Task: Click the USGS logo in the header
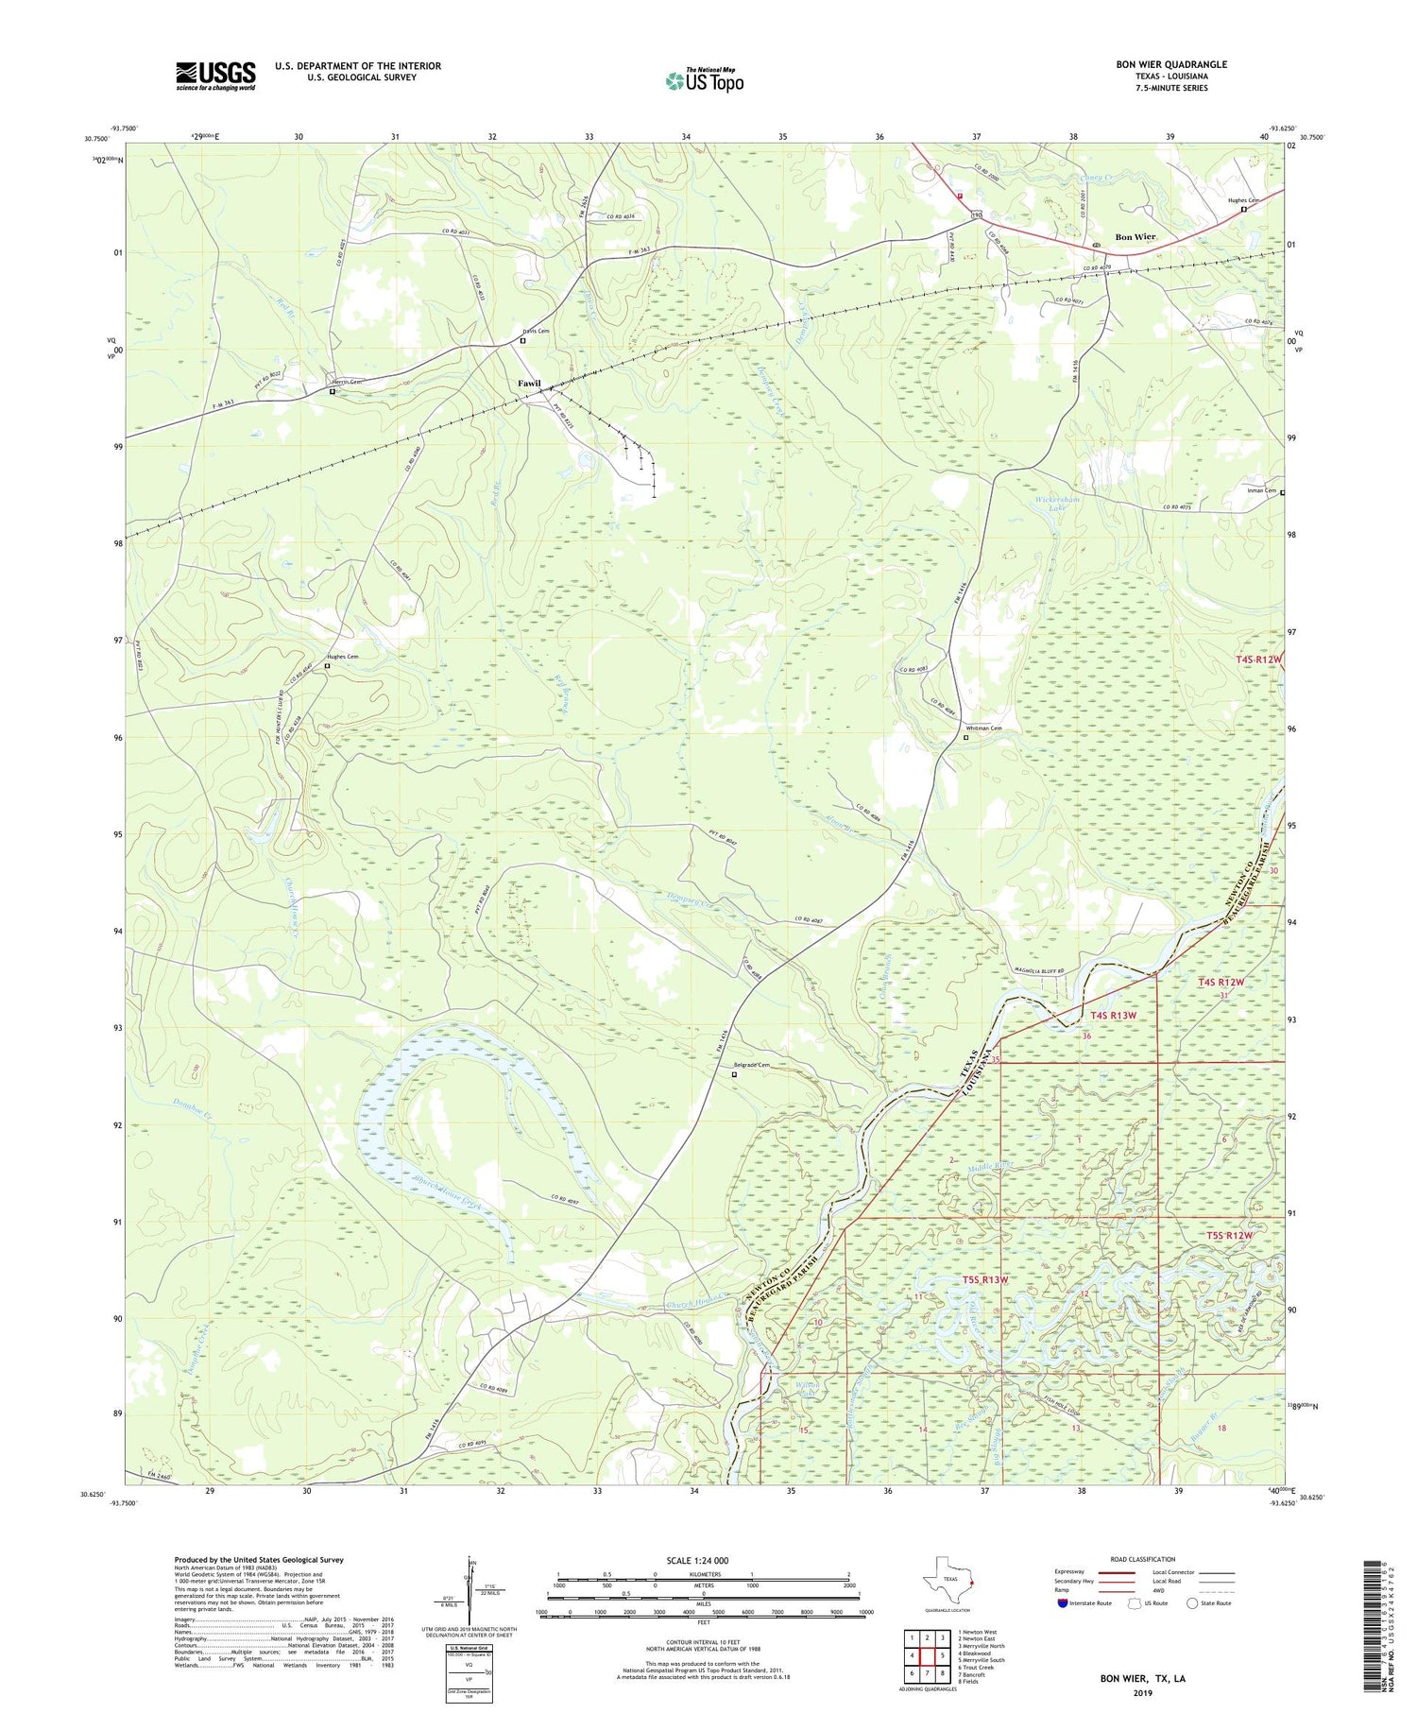[215, 76]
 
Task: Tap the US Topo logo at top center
[704, 81]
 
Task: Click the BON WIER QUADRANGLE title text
[1171, 64]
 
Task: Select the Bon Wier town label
[1135, 236]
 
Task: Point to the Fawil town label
[529, 383]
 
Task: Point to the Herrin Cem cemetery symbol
[333, 390]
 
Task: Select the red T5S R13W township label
[985, 1279]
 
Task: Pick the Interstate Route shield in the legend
[1063, 1603]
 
